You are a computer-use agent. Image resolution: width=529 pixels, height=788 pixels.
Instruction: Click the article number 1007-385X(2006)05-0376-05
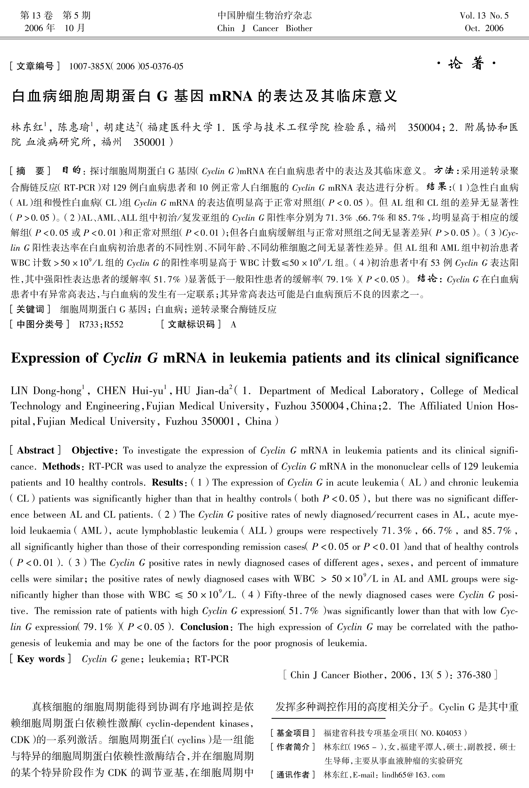(126, 66)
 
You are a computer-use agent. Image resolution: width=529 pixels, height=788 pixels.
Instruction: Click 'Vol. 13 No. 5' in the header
(484, 16)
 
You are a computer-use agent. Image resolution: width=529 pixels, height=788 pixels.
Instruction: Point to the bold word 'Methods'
(61, 466)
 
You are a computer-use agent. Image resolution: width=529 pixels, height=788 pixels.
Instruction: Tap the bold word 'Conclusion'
(204, 627)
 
